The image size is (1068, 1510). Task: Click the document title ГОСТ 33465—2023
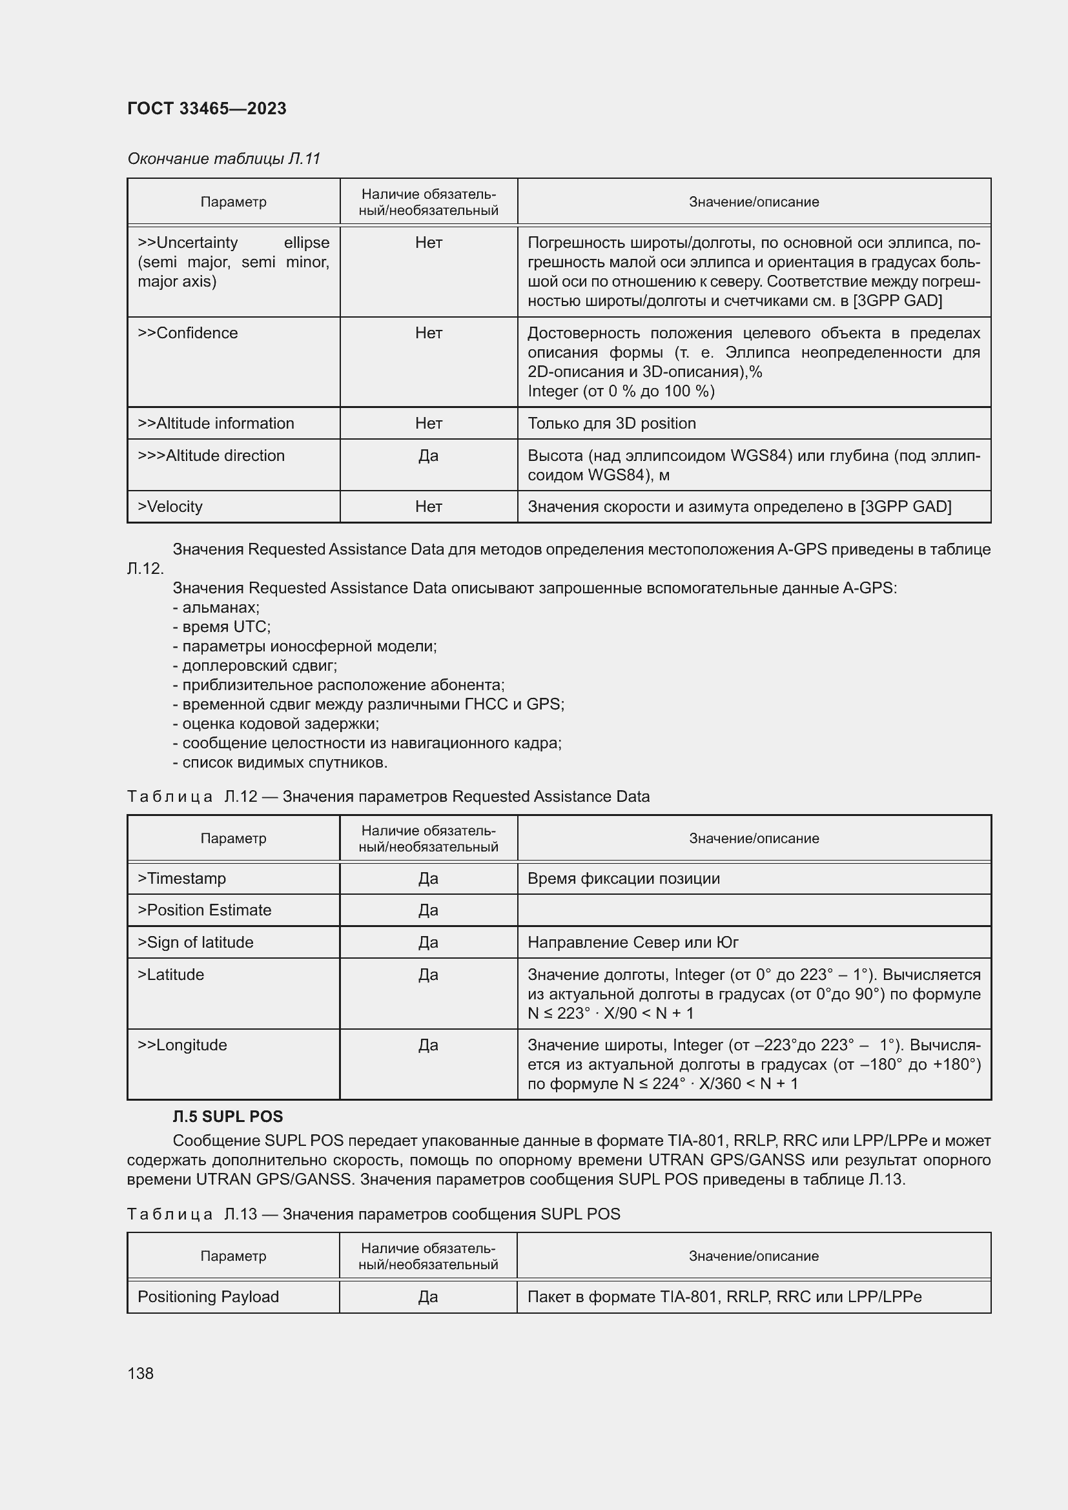[207, 108]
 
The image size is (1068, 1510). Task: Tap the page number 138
[140, 1373]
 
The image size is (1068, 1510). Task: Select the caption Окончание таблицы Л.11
[223, 159]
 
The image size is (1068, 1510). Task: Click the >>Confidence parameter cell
[188, 332]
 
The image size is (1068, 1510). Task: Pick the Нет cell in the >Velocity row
[428, 506]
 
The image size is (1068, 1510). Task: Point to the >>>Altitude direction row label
[211, 455]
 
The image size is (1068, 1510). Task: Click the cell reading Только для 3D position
[611, 423]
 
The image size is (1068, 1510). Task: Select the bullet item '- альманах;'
[216, 607]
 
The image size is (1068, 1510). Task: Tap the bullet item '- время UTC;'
[221, 626]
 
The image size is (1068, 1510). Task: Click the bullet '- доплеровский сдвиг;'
[255, 665]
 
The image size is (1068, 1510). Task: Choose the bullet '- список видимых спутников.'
[280, 762]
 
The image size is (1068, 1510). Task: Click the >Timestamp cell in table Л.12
[182, 878]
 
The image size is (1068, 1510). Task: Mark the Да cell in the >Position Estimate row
[428, 910]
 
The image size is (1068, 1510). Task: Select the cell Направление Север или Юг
[633, 942]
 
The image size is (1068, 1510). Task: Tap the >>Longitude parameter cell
[182, 1045]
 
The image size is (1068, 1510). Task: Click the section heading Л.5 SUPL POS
[227, 1116]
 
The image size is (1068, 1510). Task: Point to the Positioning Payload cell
[209, 1296]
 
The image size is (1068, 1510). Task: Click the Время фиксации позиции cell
[624, 878]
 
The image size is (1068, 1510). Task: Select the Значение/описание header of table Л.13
[754, 1256]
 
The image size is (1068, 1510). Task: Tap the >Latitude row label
[171, 974]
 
